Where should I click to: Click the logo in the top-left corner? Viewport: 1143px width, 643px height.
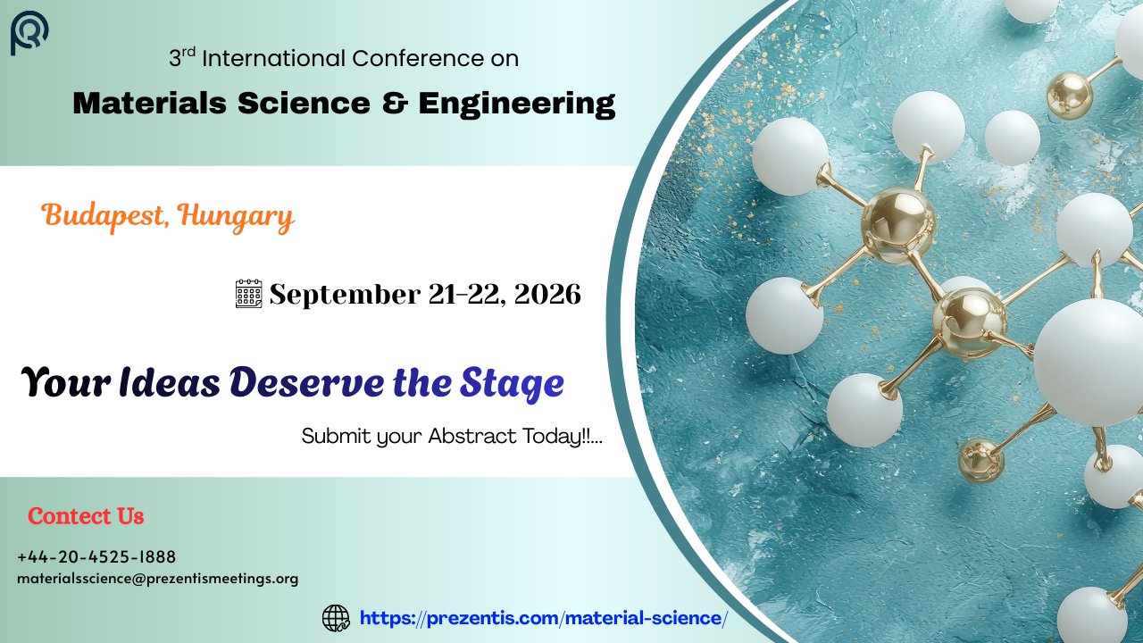pos(29,33)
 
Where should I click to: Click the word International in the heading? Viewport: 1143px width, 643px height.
pos(274,58)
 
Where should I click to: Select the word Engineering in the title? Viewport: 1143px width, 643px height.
pos(517,104)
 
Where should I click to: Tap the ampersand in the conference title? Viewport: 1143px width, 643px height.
pos(395,103)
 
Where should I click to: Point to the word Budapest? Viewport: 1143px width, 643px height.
pos(103,216)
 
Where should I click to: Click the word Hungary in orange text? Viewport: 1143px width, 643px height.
pos(237,218)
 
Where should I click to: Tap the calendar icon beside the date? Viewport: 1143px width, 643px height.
pos(248,294)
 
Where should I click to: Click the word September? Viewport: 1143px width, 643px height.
pos(345,296)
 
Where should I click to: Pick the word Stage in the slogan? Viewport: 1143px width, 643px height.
pos(512,384)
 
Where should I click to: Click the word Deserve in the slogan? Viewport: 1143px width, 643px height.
pos(306,383)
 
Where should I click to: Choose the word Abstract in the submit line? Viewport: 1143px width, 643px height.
pos(472,437)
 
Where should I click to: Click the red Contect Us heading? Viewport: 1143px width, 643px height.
pos(86,516)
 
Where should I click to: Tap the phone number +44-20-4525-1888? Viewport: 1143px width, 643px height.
pos(96,556)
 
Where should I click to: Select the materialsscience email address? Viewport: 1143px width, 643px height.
pos(158,580)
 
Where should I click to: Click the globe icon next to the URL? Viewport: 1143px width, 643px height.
pos(336,618)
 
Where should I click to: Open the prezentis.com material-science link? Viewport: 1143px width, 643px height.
pos(544,619)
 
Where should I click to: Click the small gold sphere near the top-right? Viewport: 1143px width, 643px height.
pos(1069,96)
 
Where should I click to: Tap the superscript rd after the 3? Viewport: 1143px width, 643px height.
pos(188,52)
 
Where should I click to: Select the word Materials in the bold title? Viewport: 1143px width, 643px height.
pos(149,103)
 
